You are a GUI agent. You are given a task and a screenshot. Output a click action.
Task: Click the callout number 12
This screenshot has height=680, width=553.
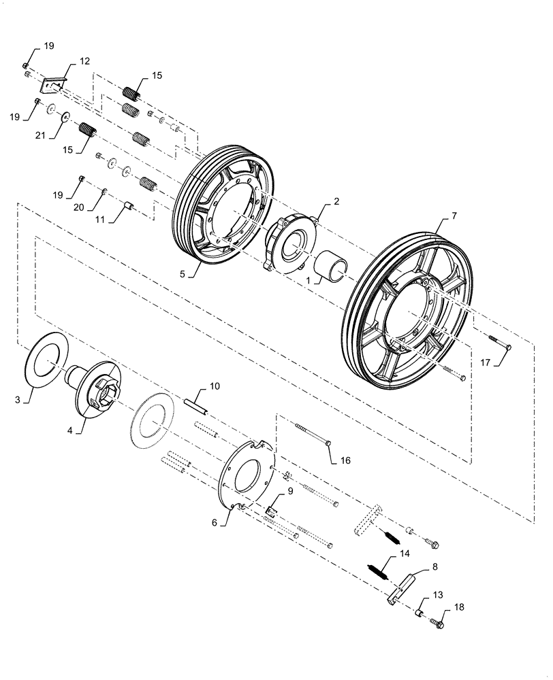tap(84, 61)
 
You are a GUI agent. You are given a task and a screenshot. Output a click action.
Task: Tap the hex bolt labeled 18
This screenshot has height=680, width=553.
tap(437, 619)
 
